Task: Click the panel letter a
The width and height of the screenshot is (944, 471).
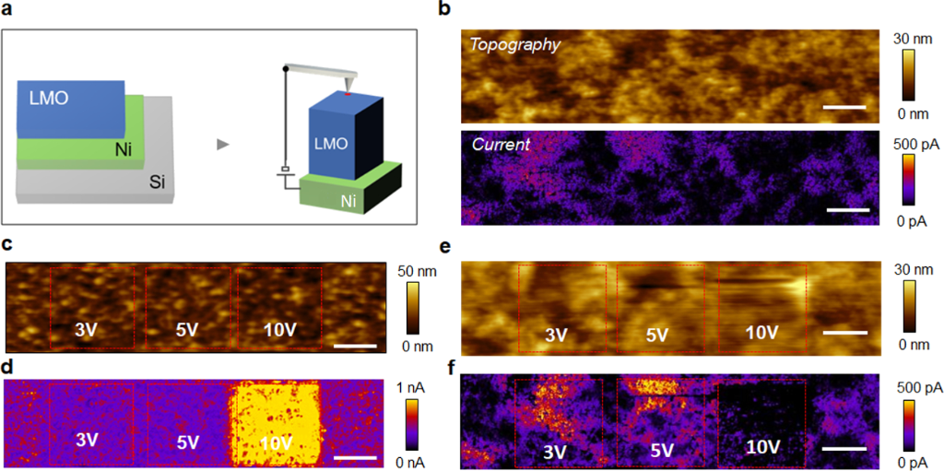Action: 8,13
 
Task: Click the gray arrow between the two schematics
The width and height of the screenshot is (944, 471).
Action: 222,144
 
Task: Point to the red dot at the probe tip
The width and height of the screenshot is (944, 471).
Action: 348,94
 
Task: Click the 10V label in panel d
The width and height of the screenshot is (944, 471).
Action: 279,442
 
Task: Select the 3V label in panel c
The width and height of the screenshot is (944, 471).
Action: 88,329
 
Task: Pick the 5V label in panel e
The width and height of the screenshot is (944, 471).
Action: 656,334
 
